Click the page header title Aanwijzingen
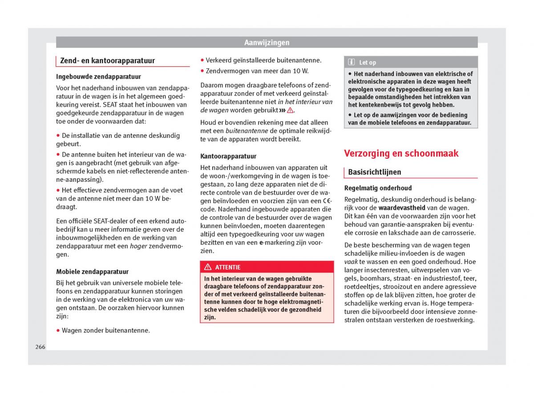coord(267,43)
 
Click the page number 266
coord(40,347)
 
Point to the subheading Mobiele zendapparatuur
coord(92,271)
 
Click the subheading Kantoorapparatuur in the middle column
coord(228,156)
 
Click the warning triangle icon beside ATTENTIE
coord(208,267)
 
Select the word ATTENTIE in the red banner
coord(227,267)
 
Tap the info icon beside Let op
coord(352,63)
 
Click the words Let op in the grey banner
coord(368,63)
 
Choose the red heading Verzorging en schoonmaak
coord(401,153)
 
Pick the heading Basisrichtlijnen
coord(374,172)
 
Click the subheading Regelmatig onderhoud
coord(378,188)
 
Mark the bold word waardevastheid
coord(402,208)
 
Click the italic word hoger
coord(138,246)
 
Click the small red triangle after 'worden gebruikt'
coord(290,110)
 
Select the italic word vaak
coord(351,262)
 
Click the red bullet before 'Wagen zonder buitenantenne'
coord(58,330)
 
